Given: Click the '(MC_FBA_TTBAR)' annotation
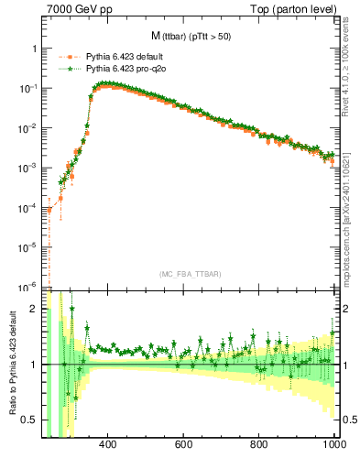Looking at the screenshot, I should coord(191,275).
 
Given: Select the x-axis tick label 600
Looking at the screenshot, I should coord(182,444).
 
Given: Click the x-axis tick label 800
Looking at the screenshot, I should coord(259,444).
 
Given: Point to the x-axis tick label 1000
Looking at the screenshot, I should coord(333,444).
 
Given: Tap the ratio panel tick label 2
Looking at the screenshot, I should coord(34,310).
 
